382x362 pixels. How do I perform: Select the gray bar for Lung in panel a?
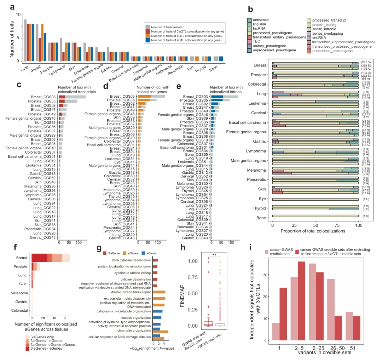click(x=25, y=41)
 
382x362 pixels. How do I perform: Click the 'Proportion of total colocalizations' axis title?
click(x=316, y=231)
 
